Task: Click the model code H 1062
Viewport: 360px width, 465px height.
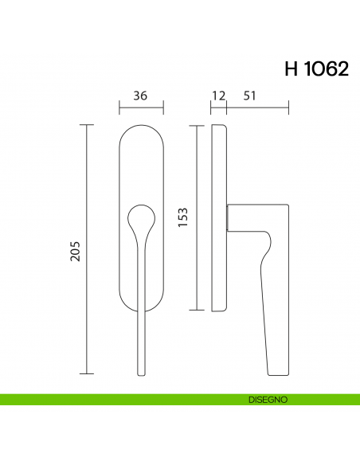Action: coord(315,70)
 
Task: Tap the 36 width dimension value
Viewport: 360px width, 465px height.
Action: coord(140,96)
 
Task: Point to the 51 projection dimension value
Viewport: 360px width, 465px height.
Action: coord(249,96)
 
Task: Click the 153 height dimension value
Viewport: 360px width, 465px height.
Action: coord(182,217)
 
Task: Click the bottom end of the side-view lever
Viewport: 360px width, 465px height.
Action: coord(278,369)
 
